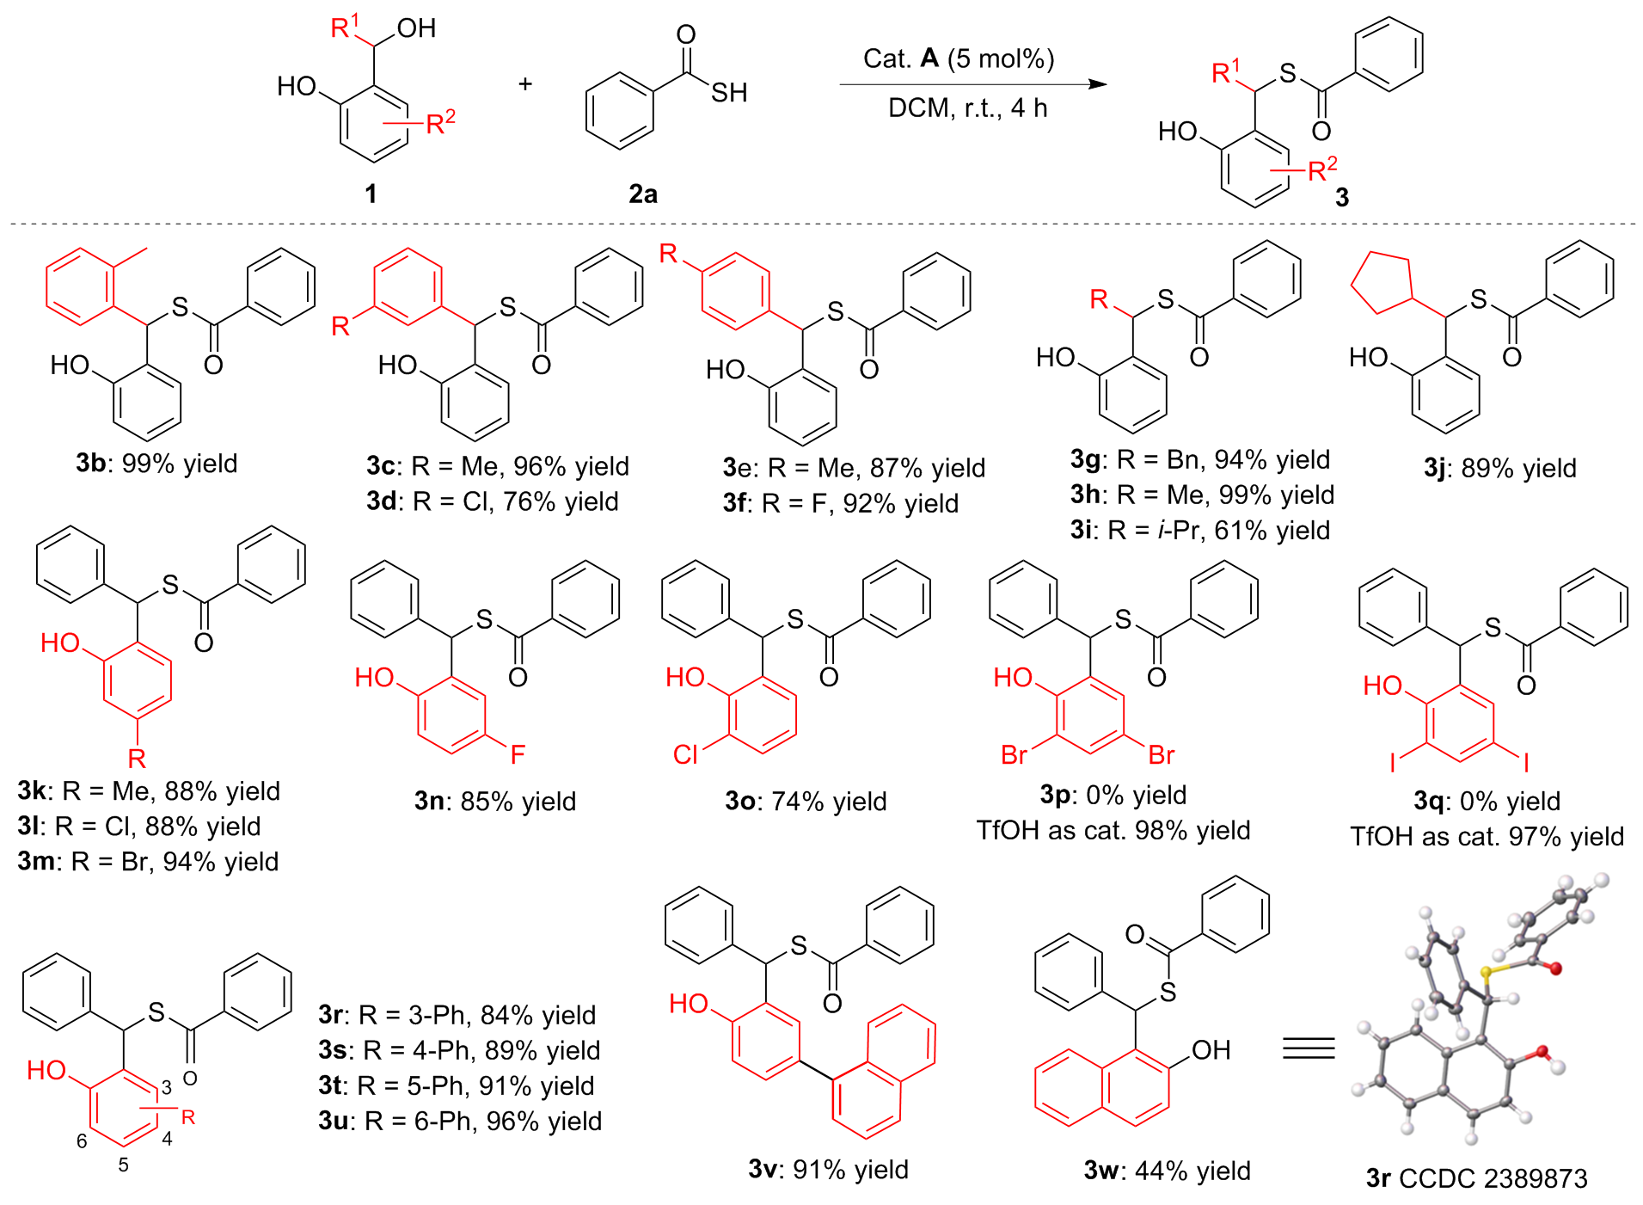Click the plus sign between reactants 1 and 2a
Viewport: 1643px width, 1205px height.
[x=525, y=84]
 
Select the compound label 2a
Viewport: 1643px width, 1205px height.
[x=642, y=194]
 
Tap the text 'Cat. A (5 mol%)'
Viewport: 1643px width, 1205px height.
[x=959, y=58]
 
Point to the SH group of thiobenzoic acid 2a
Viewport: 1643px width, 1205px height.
[x=728, y=93]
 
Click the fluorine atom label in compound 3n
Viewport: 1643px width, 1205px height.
[x=517, y=755]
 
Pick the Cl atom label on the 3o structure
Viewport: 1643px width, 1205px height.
[x=685, y=755]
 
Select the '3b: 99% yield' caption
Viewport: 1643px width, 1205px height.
[x=156, y=464]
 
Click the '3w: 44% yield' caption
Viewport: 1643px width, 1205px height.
[x=1167, y=1171]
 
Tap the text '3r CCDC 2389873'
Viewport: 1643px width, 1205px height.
[x=1476, y=1178]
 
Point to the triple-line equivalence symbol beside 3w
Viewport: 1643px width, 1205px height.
[x=1309, y=1048]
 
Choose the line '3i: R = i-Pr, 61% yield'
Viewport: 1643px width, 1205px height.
[x=1200, y=531]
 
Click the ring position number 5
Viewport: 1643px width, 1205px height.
[x=124, y=1165]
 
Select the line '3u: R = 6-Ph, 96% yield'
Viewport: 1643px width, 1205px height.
[x=460, y=1122]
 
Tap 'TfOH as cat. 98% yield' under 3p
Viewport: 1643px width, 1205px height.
[x=1113, y=831]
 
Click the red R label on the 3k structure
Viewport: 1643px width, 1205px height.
[x=137, y=759]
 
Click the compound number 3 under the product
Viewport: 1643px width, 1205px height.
[x=1342, y=198]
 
